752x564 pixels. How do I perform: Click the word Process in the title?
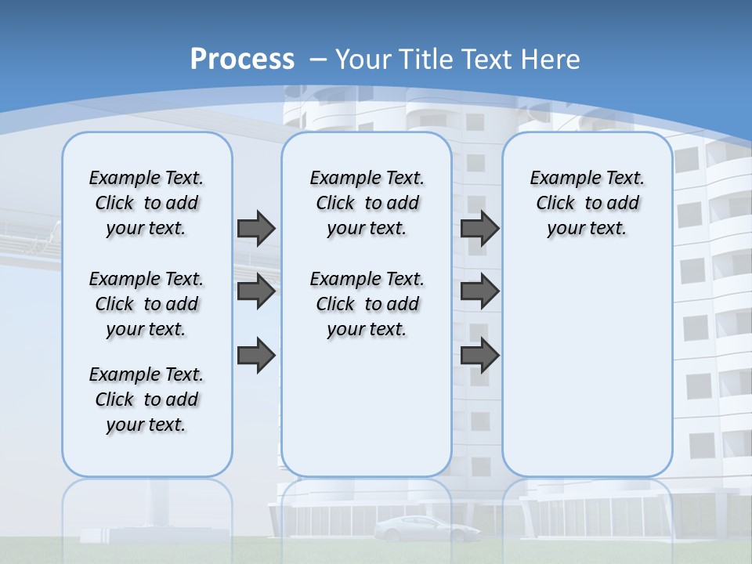click(x=242, y=59)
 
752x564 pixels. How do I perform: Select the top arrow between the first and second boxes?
click(x=255, y=228)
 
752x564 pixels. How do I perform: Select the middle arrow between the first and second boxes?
click(x=255, y=291)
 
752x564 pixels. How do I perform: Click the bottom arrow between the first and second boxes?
click(x=255, y=355)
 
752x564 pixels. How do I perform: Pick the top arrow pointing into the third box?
click(x=479, y=228)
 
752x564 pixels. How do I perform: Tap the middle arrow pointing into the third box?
click(x=479, y=291)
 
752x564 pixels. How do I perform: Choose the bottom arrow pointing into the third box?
click(x=479, y=355)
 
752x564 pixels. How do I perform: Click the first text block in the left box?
click(x=146, y=203)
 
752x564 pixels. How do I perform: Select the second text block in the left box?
click(x=146, y=304)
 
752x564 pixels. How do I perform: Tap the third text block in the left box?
click(x=146, y=399)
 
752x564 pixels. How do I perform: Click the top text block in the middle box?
click(x=367, y=203)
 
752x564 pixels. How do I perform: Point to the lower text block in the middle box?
click(x=367, y=304)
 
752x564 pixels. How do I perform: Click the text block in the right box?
click(x=587, y=203)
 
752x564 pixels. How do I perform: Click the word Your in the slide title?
click(x=364, y=59)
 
